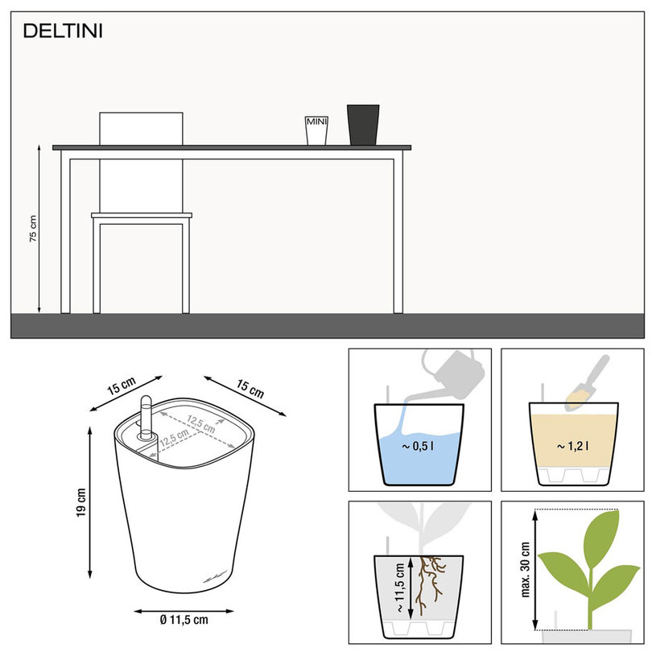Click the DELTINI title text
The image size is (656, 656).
[63, 31]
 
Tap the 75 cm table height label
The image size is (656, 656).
[33, 229]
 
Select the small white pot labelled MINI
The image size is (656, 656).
[316, 130]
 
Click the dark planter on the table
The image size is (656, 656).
[363, 125]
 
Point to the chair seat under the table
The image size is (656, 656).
[142, 216]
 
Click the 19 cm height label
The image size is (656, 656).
[81, 502]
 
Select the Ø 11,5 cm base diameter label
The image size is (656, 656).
[184, 620]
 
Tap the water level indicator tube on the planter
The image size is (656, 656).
[146, 417]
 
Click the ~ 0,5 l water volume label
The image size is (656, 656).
[418, 447]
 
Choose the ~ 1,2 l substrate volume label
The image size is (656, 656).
[572, 447]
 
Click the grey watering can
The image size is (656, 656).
[454, 373]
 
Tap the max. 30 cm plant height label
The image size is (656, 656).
[526, 569]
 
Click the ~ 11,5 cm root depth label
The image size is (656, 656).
[399, 588]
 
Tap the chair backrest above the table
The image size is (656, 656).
[141, 129]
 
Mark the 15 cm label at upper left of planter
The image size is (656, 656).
[122, 386]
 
